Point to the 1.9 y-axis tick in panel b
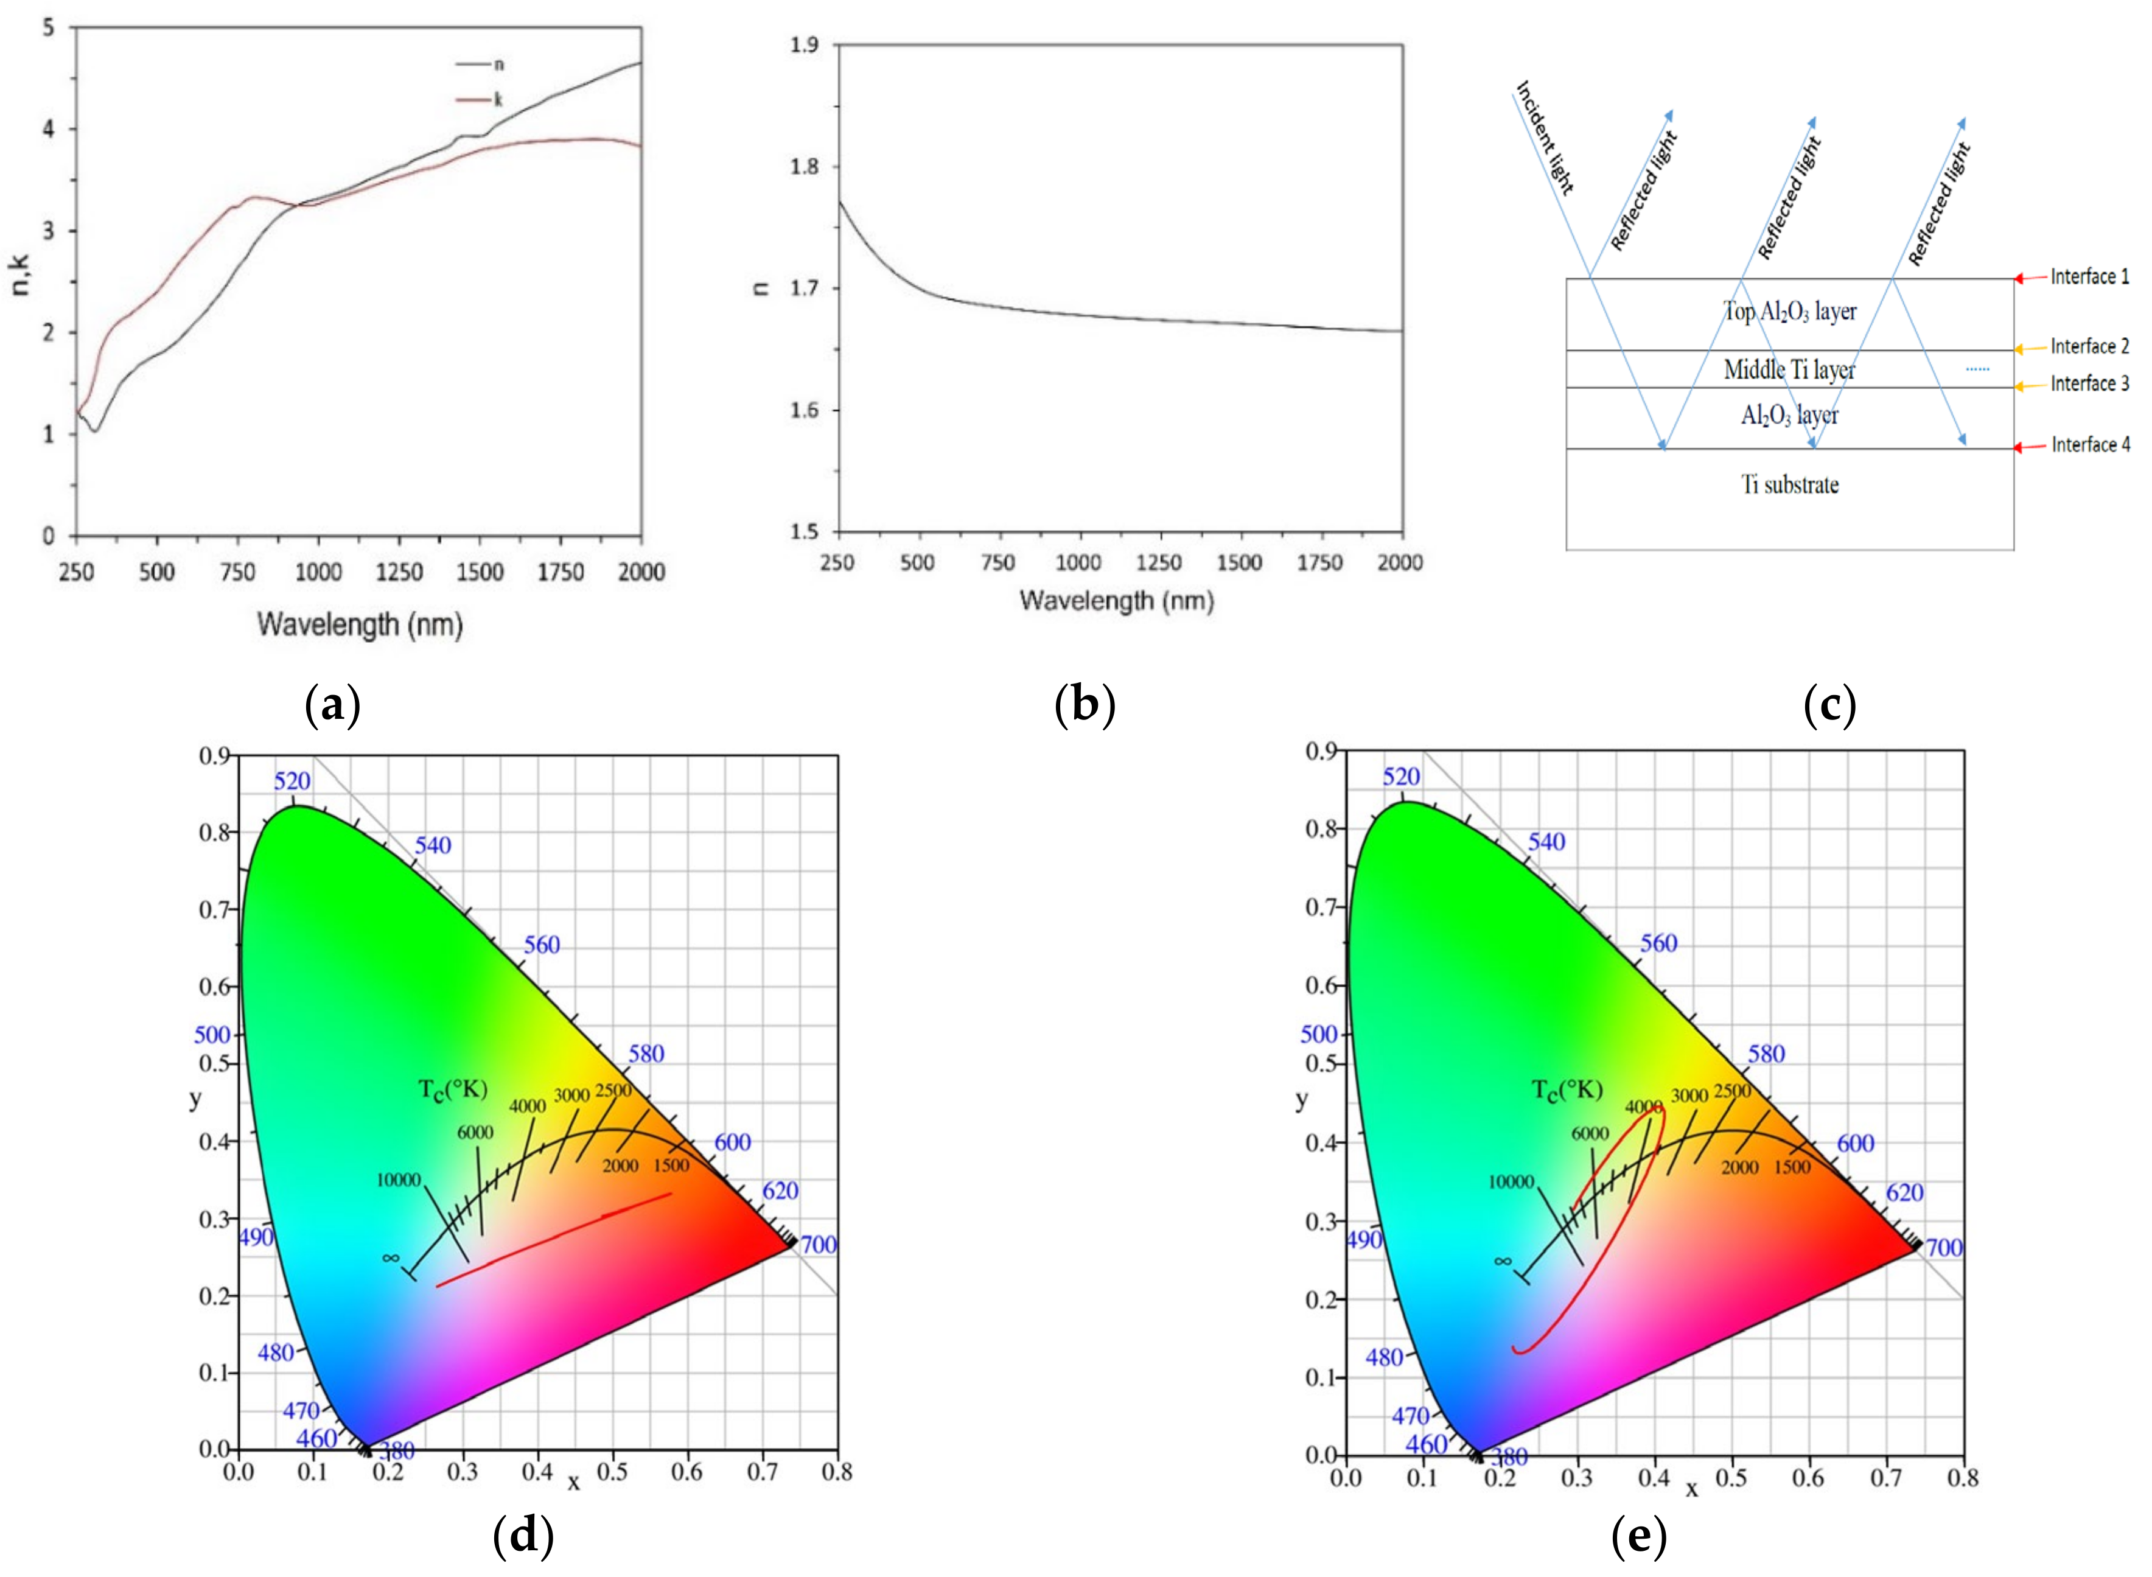805,45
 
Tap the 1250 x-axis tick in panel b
1159,562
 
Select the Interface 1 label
2089,277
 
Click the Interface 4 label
2090,445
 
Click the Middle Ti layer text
1789,369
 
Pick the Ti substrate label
1789,485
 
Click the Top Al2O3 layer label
1789,311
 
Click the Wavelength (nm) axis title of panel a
360,625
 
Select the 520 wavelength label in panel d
292,781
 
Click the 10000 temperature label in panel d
398,1180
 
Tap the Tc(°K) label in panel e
1566,1089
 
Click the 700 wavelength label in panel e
1944,1248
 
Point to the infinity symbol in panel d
390,1258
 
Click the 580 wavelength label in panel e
1766,1054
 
